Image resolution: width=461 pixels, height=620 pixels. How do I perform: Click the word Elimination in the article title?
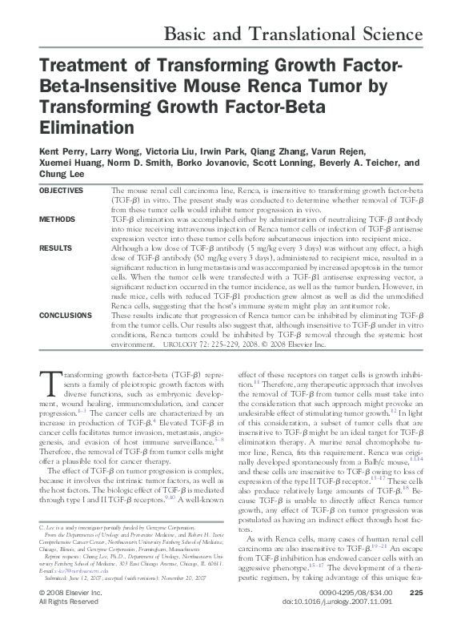coord(76,127)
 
